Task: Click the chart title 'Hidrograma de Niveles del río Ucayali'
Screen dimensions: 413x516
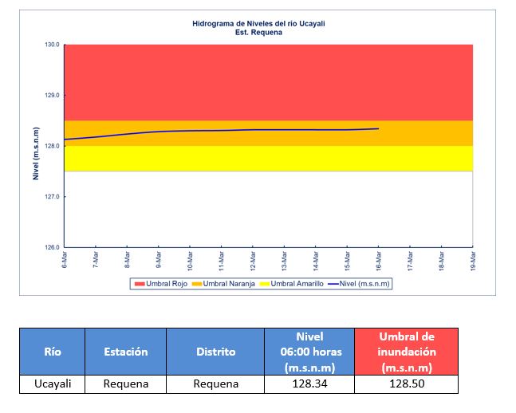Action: tap(258, 24)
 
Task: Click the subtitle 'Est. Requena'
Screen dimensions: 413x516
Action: tap(258, 32)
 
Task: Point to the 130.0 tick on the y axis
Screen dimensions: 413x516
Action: tap(52, 45)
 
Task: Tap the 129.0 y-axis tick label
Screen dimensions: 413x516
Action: tap(52, 96)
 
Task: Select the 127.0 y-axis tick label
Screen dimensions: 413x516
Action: tap(52, 197)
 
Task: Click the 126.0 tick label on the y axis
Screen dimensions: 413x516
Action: tap(52, 247)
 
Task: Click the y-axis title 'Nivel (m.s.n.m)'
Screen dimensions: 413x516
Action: tap(36, 152)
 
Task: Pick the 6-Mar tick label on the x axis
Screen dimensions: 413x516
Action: tap(64, 260)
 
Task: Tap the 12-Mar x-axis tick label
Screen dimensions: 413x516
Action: tap(253, 260)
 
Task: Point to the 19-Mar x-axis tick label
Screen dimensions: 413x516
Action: tap(474, 260)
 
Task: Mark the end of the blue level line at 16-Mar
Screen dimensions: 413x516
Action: tap(378, 128)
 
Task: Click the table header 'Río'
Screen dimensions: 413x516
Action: tap(52, 352)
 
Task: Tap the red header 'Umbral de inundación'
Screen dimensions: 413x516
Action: tap(407, 352)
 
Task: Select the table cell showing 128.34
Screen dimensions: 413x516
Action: tap(309, 384)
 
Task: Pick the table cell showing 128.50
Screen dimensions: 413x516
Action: tap(407, 384)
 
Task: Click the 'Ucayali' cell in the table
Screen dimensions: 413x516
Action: tap(52, 384)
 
